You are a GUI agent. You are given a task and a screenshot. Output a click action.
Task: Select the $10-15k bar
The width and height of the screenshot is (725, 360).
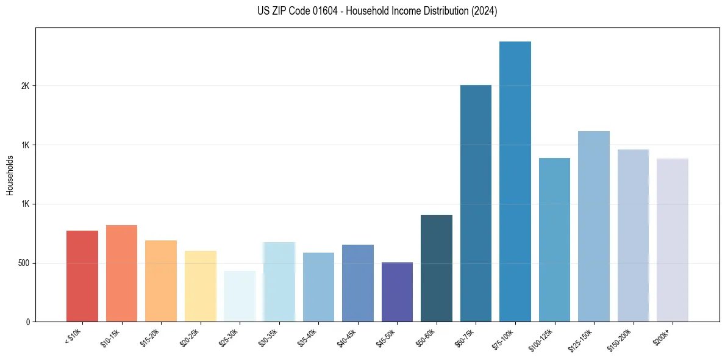point(121,273)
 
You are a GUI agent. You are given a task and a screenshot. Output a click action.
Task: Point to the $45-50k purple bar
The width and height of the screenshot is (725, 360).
point(397,292)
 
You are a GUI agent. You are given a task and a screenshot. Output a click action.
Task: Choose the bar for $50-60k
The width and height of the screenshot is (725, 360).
point(436,268)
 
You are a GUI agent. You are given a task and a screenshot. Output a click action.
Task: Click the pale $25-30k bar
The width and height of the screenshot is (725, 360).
point(240,296)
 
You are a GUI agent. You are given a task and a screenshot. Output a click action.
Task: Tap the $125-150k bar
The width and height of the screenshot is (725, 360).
point(593,226)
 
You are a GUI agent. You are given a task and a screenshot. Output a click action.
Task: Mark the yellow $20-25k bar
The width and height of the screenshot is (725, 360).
point(200,286)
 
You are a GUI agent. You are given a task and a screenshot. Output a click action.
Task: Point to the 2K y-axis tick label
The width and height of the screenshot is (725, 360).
point(25,86)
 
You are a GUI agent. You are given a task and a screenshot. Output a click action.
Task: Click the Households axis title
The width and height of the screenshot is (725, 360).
point(10,175)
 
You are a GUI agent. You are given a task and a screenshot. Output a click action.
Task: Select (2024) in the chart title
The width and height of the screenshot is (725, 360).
point(484,11)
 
